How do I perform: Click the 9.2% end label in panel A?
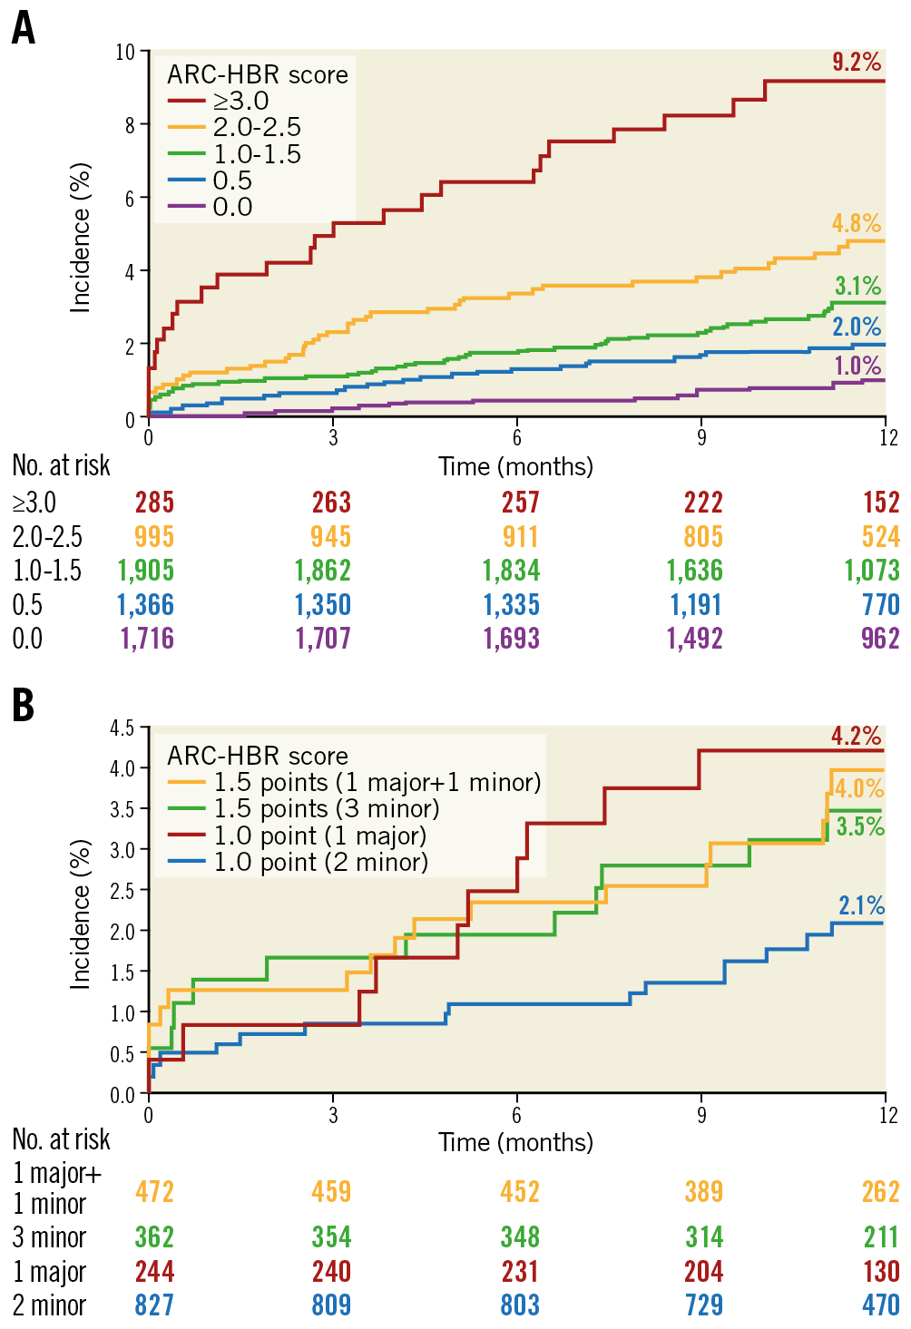856,62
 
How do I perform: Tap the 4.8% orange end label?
856,223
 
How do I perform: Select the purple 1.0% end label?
857,366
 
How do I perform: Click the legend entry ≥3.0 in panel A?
240,101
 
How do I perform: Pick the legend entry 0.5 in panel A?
232,181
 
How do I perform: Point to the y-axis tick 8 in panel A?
130,125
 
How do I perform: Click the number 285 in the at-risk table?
154,503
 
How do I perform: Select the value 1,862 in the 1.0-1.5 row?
323,571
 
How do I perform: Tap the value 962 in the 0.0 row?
879,639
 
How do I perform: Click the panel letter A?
24,29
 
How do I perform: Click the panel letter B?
24,706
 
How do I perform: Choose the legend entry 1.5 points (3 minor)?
326,809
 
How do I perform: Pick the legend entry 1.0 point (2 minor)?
320,862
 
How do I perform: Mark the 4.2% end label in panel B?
856,736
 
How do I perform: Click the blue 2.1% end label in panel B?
861,905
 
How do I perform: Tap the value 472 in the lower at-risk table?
154,1192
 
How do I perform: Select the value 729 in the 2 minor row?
703,1305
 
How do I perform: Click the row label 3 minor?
49,1237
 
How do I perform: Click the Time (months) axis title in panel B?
515,1142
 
